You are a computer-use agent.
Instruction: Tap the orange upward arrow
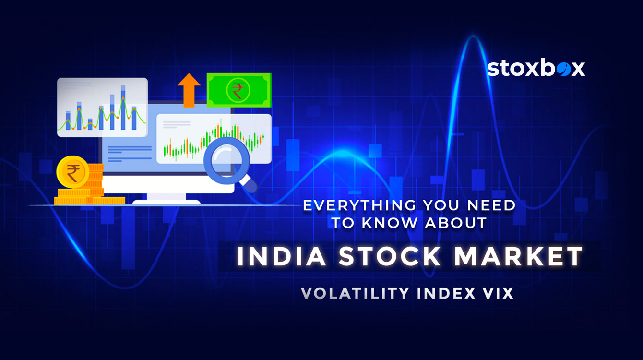click(189, 90)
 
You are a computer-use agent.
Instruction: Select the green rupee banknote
click(239, 90)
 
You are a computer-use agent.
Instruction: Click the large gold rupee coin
click(73, 172)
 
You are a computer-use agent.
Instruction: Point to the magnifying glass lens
click(226, 161)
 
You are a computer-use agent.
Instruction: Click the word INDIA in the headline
click(282, 256)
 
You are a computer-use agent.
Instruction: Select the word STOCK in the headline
click(390, 256)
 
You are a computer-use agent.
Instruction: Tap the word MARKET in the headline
click(518, 256)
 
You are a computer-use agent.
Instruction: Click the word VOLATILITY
click(355, 293)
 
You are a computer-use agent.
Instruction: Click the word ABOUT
click(456, 223)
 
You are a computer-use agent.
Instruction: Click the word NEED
click(491, 205)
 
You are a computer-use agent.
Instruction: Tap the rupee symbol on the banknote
click(238, 91)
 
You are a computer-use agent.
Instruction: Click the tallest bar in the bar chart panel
click(123, 108)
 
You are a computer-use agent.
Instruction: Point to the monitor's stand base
click(166, 202)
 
